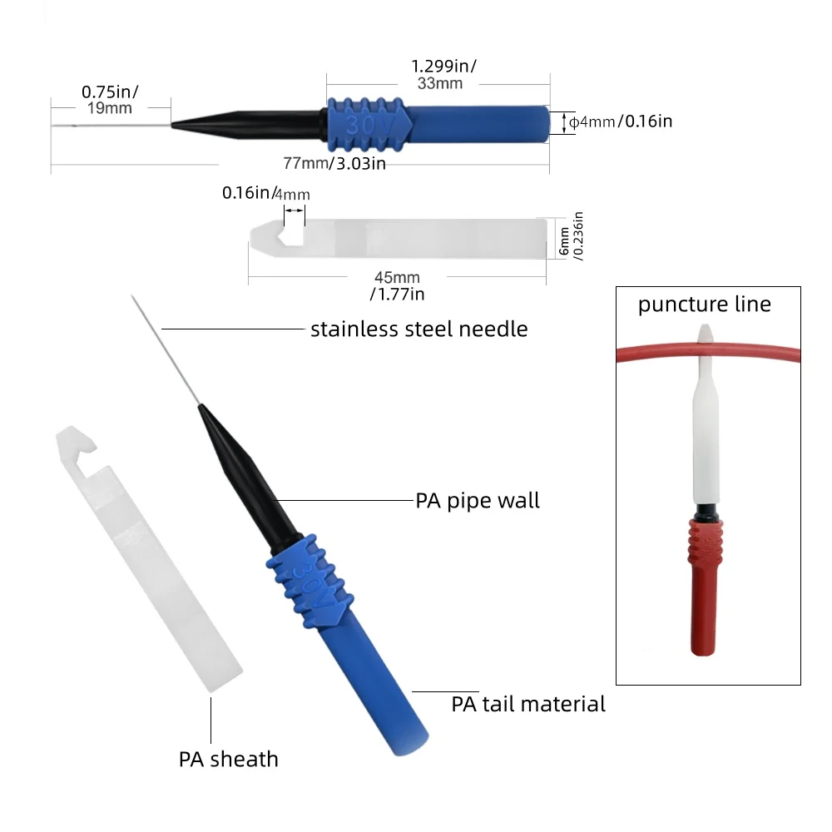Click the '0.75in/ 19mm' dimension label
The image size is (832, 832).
[110, 99]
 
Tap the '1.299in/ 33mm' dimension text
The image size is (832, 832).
[443, 74]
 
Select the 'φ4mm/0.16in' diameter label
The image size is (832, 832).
[621, 121]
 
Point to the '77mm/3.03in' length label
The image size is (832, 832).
[334, 163]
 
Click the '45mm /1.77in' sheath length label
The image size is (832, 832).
[398, 285]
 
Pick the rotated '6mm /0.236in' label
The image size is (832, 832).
[572, 236]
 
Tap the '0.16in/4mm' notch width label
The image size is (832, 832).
[266, 193]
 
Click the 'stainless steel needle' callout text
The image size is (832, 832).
[419, 329]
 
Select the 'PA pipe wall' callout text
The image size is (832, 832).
[478, 500]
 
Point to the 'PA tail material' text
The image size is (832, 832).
[528, 704]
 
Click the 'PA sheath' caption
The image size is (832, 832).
[228, 760]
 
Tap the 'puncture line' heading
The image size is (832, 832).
[704, 304]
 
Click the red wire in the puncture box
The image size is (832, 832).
[652, 352]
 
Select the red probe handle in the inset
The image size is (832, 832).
[705, 587]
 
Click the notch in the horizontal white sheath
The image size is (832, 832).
[291, 235]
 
